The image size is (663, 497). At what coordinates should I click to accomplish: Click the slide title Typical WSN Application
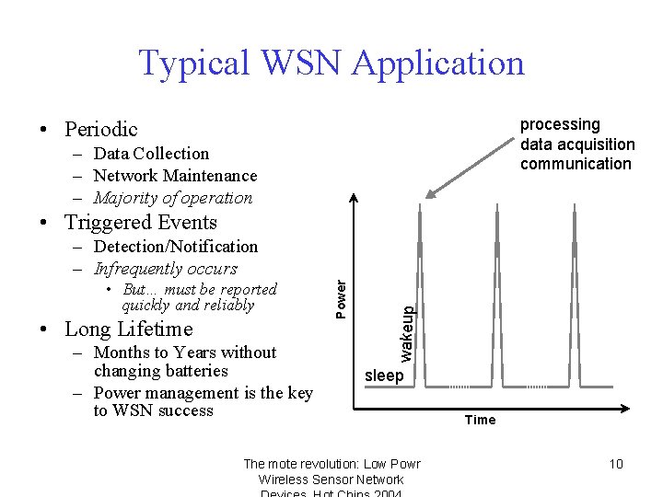pos(331,63)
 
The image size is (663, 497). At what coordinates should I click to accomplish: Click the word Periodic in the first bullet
pos(100,129)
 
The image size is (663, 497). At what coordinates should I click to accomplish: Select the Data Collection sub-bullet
pos(151,154)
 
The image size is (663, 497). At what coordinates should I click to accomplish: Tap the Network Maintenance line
pos(175,176)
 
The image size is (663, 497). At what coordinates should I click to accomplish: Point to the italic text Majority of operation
pos(173,198)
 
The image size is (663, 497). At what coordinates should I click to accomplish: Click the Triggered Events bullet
pos(140,223)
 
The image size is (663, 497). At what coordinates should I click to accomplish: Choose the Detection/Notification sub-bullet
pos(176,247)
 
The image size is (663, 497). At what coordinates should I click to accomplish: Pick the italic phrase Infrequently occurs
pos(166,269)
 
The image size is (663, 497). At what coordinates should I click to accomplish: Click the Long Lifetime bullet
pos(128,329)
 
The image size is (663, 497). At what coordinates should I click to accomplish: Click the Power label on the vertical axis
pos(342,300)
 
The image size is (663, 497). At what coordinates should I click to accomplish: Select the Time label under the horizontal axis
pos(480,420)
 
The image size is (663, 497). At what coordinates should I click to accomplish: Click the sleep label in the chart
pos(384,376)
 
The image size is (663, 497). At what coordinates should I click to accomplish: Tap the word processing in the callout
pos(560,124)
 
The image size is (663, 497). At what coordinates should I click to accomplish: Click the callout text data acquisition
pos(577,144)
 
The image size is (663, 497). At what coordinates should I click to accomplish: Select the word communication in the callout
pos(576,164)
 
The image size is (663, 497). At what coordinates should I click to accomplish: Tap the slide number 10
pos(616,463)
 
